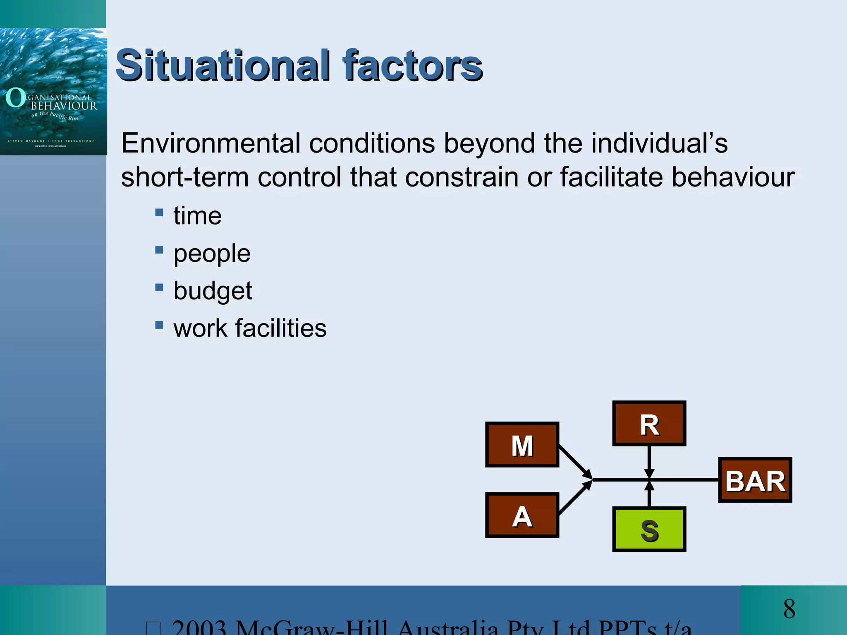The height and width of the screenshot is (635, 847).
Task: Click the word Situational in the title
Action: (223, 65)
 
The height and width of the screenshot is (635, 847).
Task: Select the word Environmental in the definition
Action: (211, 143)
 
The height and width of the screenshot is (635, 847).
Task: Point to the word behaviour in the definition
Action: (732, 177)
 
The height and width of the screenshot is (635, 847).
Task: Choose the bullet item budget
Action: (213, 291)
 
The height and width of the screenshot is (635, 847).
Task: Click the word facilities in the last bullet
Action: (281, 328)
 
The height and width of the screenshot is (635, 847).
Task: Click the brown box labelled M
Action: (522, 445)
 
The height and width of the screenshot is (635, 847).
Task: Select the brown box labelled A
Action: (522, 515)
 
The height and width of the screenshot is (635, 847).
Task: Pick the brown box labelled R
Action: (649, 423)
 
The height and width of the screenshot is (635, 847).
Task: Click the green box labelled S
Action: (649, 529)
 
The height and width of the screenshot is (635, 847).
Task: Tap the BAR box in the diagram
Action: (755, 480)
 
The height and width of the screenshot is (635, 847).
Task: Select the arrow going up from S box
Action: (649, 494)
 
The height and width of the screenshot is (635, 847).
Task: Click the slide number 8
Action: (789, 609)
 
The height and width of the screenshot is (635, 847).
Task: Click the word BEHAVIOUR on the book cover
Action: (64, 106)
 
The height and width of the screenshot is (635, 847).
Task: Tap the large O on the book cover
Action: (15, 98)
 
